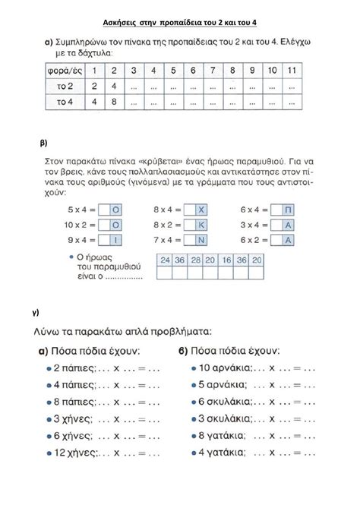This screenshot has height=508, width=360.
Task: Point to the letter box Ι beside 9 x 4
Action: pyautogui.click(x=115, y=240)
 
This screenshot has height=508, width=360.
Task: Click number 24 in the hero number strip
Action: pyautogui.click(x=164, y=259)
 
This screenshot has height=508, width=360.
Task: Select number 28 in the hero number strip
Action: pyautogui.click(x=196, y=259)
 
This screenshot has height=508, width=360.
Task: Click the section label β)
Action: pyautogui.click(x=43, y=143)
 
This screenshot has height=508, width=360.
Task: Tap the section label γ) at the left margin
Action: pyautogui.click(x=36, y=312)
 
